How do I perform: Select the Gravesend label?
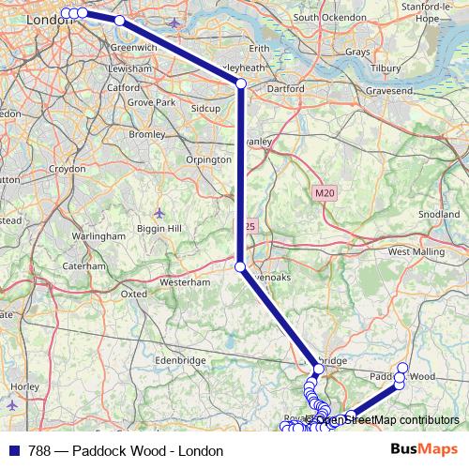(x=384, y=95)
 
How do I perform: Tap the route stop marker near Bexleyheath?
(x=241, y=84)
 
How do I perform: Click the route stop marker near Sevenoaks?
(x=240, y=267)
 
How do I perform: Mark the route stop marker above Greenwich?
(x=119, y=20)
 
